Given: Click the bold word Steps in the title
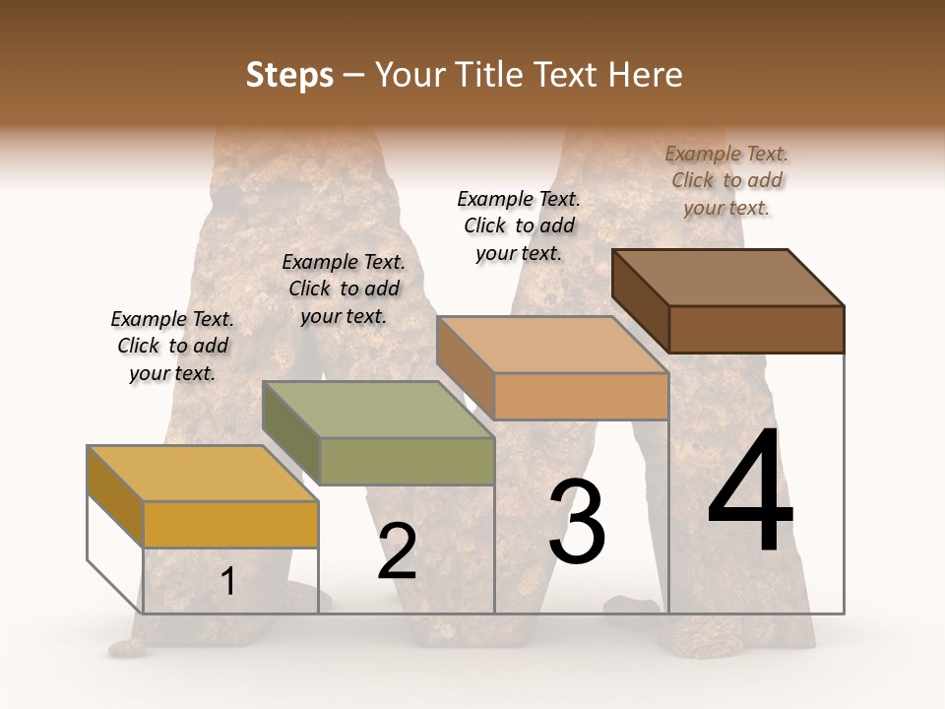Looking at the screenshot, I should [289, 75].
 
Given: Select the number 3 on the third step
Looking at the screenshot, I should [577, 522].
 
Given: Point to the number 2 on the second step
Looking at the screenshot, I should [397, 551].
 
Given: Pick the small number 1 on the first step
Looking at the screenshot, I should [227, 582].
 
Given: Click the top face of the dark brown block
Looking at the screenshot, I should [728, 277].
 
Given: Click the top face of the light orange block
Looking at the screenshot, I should [552, 345].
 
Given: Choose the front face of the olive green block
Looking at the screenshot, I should [408, 461].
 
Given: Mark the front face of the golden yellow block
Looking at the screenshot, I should [231, 525].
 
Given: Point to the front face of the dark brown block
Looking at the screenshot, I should [756, 329].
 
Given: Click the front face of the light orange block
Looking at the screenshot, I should [581, 396].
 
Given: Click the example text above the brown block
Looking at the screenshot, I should [726, 180].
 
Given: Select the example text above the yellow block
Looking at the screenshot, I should [172, 346].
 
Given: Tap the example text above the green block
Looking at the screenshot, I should [344, 289].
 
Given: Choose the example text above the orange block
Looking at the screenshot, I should [519, 226].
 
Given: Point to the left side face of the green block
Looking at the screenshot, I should [291, 433].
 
